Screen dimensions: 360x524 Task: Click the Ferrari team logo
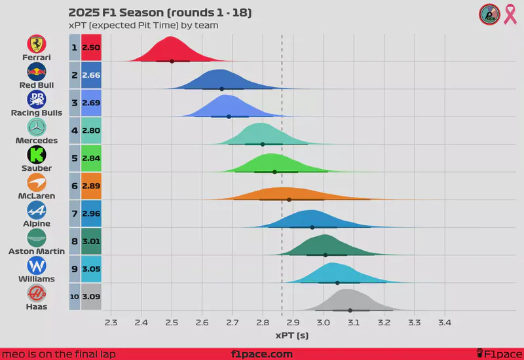pyautogui.click(x=37, y=44)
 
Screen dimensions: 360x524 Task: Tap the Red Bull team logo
pyautogui.click(x=37, y=71)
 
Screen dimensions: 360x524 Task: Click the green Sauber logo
pyautogui.click(x=37, y=154)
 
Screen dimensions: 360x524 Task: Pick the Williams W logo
pyautogui.click(x=37, y=266)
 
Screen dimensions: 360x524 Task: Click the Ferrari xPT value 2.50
pyautogui.click(x=90, y=48)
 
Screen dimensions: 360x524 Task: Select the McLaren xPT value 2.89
pyautogui.click(x=90, y=187)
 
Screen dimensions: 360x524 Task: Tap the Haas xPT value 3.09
pyautogui.click(x=90, y=297)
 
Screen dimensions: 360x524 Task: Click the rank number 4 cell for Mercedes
pyautogui.click(x=75, y=131)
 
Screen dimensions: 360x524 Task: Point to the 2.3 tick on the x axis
pyautogui.click(x=111, y=323)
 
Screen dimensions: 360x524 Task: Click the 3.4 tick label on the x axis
pyautogui.click(x=445, y=323)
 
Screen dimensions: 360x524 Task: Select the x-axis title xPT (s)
pyautogui.click(x=292, y=335)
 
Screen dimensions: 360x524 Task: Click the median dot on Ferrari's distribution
pyautogui.click(x=172, y=61)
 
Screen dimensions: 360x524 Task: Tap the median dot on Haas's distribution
pyautogui.click(x=350, y=310)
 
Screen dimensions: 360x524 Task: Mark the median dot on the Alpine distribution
pyautogui.click(x=312, y=227)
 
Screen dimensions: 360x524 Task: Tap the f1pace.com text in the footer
pyautogui.click(x=262, y=354)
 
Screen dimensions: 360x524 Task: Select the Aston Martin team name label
pyautogui.click(x=37, y=251)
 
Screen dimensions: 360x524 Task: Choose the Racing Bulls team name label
pyautogui.click(x=37, y=113)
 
